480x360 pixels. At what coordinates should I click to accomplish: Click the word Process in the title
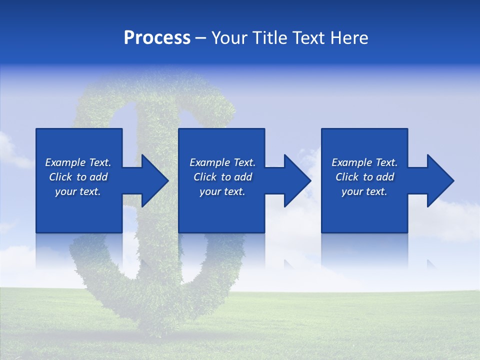click(x=157, y=38)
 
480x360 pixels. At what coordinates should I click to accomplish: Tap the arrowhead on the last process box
click(x=439, y=180)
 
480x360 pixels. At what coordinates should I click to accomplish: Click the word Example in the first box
click(x=65, y=162)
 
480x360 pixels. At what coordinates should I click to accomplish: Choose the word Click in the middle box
click(x=204, y=177)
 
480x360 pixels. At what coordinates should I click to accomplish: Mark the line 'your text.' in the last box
click(x=364, y=191)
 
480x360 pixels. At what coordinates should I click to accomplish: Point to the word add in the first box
click(x=98, y=177)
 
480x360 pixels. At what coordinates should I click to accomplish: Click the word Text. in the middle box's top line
click(x=243, y=162)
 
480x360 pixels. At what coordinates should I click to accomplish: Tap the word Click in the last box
click(x=346, y=177)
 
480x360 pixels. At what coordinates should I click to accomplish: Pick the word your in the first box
click(x=65, y=191)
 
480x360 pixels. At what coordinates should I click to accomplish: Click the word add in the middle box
click(x=243, y=177)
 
